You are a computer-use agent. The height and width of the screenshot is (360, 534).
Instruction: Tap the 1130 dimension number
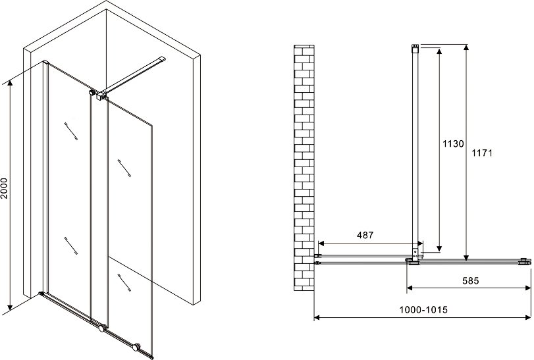(x=453, y=143)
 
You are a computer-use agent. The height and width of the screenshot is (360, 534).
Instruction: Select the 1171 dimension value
(x=482, y=153)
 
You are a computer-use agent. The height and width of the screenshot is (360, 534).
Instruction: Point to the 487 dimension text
(x=365, y=235)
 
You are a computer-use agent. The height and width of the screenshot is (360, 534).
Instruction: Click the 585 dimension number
(x=471, y=280)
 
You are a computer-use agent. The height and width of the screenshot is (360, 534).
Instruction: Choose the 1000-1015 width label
(x=423, y=309)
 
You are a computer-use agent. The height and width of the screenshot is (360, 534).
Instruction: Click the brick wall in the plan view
(x=304, y=168)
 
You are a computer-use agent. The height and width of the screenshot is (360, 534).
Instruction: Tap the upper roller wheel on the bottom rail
(x=101, y=328)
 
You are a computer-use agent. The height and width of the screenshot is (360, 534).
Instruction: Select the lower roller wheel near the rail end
(x=136, y=347)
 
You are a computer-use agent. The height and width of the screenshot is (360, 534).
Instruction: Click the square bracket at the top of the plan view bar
(x=415, y=48)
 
